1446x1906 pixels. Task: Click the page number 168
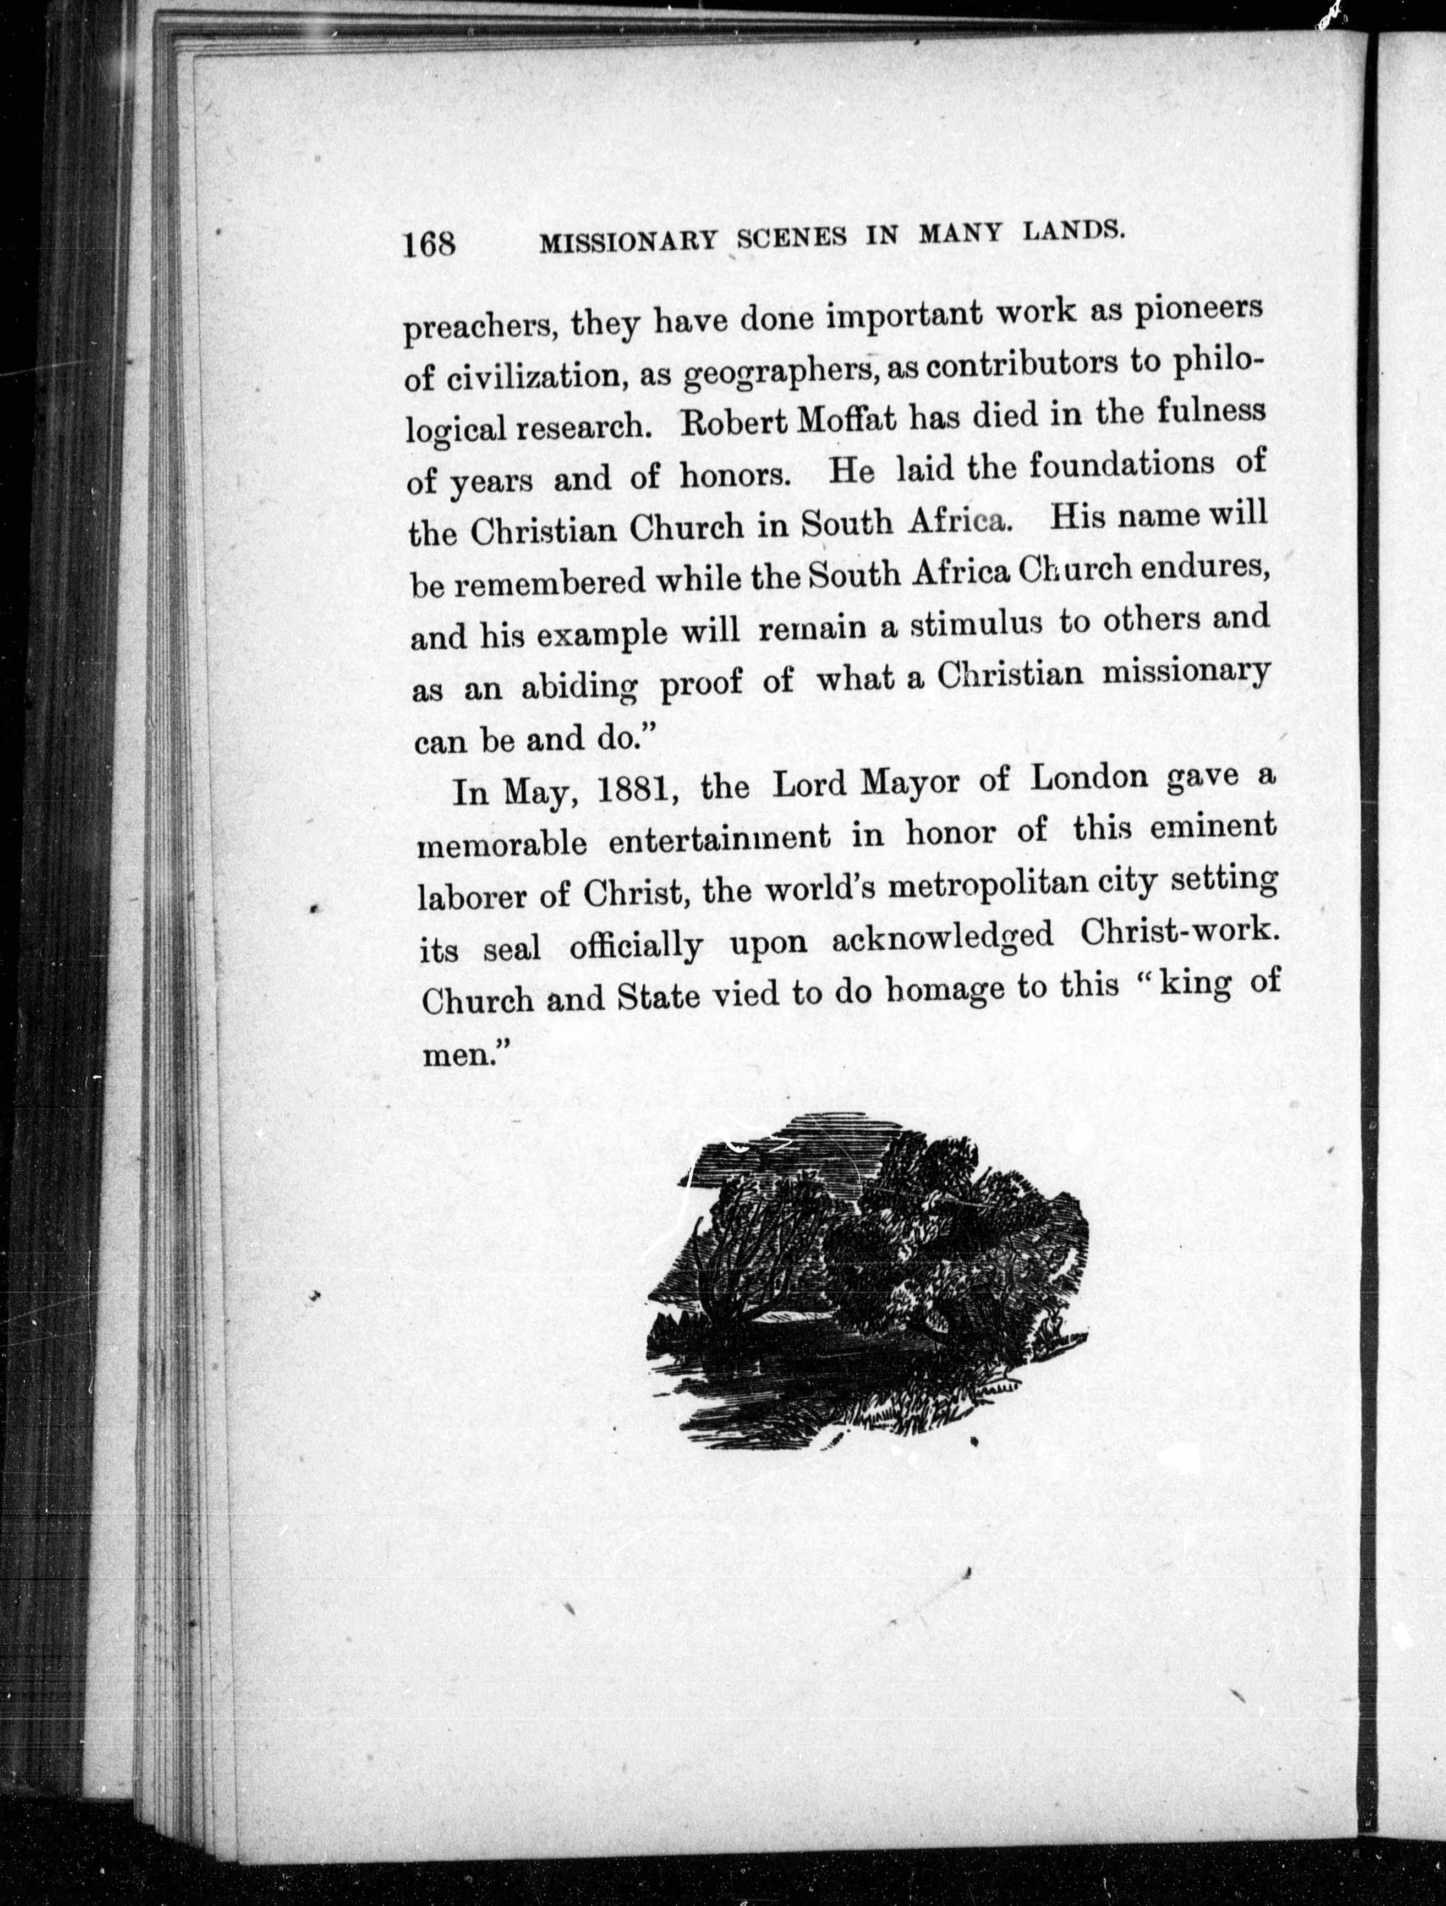pos(428,244)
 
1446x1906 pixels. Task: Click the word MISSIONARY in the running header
pos(628,240)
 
